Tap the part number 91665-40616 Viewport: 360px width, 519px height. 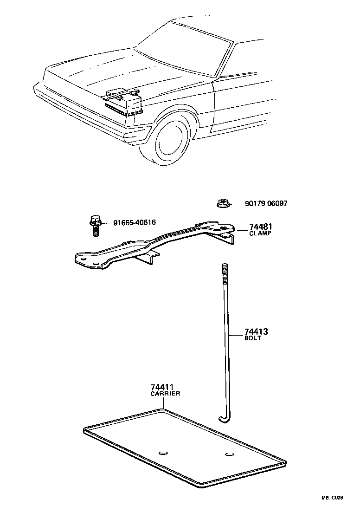[135, 222]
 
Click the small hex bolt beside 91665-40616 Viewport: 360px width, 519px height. [95, 225]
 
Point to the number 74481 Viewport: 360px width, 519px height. [260, 227]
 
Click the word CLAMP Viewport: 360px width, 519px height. [260, 234]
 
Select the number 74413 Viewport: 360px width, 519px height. [256, 332]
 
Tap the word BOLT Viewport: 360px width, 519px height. [253, 338]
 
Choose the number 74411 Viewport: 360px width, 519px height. [162, 387]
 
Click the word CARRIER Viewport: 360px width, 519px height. [165, 393]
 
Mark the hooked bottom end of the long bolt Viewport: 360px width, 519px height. [224, 419]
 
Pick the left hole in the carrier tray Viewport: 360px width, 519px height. [163, 452]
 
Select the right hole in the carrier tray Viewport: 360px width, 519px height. [228, 454]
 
